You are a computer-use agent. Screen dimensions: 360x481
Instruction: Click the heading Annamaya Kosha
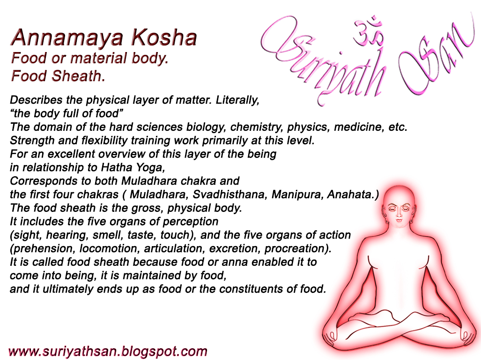[104, 37]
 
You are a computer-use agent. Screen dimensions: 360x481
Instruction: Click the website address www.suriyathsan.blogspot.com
[108, 351]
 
